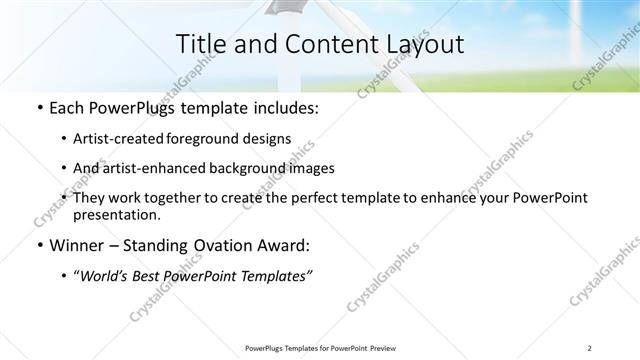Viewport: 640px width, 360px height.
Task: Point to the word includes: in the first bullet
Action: tap(283, 107)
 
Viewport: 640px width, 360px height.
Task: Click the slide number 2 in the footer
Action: tap(591, 347)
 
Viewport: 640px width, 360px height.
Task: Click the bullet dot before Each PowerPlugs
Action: tap(38, 108)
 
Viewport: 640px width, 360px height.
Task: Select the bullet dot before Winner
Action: tap(38, 246)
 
